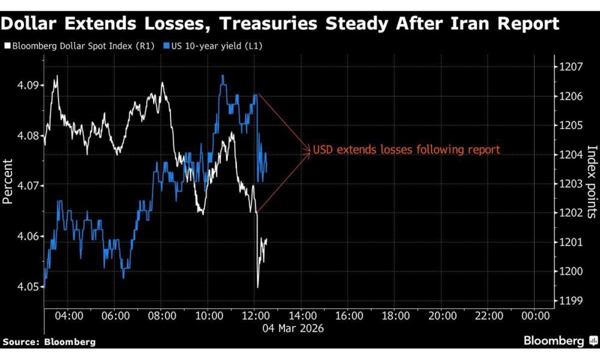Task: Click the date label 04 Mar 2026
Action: (x=293, y=328)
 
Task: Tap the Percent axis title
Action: (x=8, y=181)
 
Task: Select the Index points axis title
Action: (x=592, y=181)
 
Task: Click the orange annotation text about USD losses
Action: (x=406, y=149)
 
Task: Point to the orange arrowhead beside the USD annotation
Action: (x=308, y=149)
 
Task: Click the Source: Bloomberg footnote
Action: (x=49, y=342)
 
